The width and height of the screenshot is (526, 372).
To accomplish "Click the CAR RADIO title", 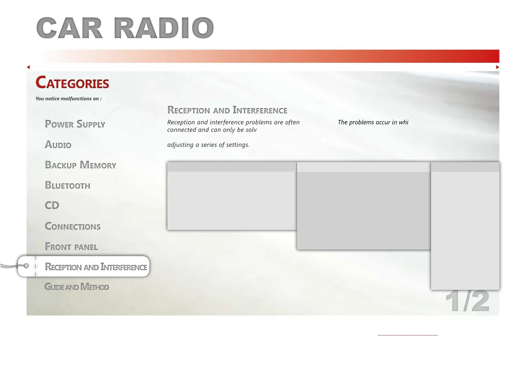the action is (x=125, y=28).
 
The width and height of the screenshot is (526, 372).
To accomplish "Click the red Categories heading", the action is (x=72, y=82).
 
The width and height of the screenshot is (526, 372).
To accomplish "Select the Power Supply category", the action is (x=75, y=124).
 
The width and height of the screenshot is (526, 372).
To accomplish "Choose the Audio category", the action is (x=58, y=144).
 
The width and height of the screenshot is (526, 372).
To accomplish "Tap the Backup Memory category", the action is (x=81, y=165).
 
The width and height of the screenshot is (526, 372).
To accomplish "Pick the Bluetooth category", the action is (x=68, y=185).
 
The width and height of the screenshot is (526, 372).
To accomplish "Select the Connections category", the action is (x=72, y=226).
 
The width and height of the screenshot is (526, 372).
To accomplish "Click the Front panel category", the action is (x=71, y=246).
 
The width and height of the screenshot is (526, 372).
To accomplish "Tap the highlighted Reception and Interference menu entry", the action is (x=96, y=267).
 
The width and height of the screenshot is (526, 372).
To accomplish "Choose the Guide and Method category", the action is (x=77, y=287).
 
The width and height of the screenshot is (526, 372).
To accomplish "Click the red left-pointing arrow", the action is (x=28, y=67).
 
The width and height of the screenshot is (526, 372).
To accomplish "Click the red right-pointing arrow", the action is (x=497, y=67).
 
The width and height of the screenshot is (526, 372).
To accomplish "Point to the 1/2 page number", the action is (x=467, y=301).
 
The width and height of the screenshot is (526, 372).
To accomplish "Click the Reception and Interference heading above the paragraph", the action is (x=227, y=110).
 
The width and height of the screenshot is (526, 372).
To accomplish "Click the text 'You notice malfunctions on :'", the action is (x=69, y=99).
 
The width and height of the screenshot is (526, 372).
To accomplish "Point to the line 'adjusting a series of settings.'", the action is (x=208, y=145).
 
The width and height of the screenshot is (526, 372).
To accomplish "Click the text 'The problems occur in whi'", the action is (x=373, y=122).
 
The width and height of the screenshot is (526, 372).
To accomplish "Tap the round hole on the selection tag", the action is (x=26, y=266).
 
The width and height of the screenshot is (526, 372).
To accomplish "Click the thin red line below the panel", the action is (x=408, y=335).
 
